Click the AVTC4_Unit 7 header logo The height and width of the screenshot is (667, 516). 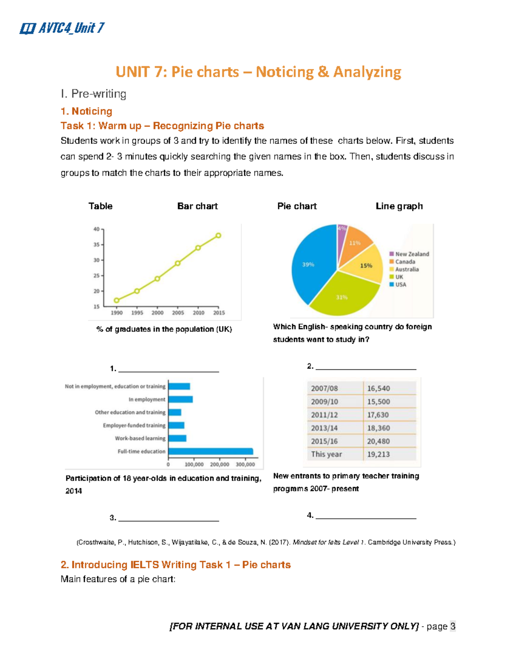pyautogui.click(x=62, y=28)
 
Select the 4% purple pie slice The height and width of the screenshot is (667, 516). pyautogui.click(x=341, y=232)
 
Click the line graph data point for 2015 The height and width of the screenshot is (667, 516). pyautogui.click(x=218, y=235)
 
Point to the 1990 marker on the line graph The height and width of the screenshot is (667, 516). pyautogui.click(x=117, y=300)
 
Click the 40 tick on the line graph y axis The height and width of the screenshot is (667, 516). pyautogui.click(x=96, y=229)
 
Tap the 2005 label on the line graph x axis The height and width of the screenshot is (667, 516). pyautogui.click(x=178, y=313)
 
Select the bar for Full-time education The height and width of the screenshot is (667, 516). pyautogui.click(x=210, y=451)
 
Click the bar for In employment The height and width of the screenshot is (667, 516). pyautogui.click(x=180, y=399)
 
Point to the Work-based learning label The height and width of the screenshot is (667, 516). pyautogui.click(x=140, y=439)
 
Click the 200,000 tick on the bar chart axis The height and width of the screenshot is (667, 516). pyautogui.click(x=219, y=464)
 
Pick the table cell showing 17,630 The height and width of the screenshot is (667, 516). pyautogui.click(x=378, y=415)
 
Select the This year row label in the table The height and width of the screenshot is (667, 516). pyautogui.click(x=326, y=454)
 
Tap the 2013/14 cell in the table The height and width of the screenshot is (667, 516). pyautogui.click(x=324, y=428)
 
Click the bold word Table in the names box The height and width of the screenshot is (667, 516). pyautogui.click(x=100, y=206)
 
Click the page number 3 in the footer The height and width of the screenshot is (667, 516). pyautogui.click(x=452, y=626)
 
